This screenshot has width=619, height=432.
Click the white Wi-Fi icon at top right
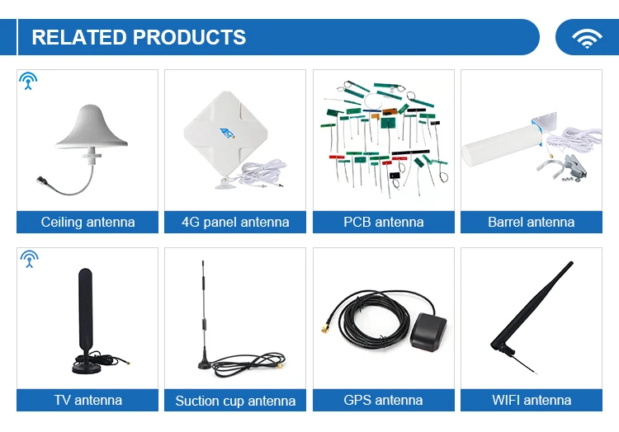(587, 38)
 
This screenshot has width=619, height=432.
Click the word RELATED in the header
(78, 38)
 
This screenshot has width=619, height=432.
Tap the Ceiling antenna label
(87, 222)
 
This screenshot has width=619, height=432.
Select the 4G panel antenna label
(235, 222)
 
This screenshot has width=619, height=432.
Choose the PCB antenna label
(383, 222)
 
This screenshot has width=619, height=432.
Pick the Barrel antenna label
(531, 222)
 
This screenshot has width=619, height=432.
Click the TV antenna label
(87, 400)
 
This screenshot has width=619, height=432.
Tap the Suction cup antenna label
(235, 401)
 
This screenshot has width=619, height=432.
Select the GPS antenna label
(383, 400)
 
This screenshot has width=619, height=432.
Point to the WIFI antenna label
(531, 400)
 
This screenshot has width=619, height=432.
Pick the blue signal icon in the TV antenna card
(29, 259)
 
